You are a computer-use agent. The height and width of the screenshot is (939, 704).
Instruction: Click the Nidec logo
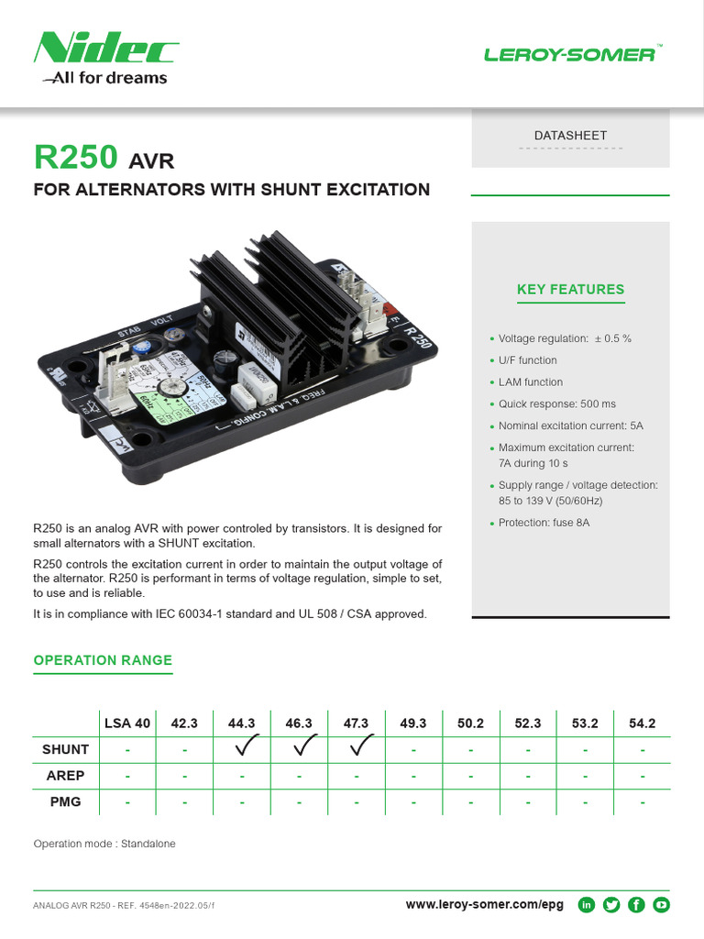(x=105, y=50)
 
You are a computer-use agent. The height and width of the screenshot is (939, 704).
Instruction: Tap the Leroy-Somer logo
(x=570, y=54)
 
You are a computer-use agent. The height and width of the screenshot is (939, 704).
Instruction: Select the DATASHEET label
(x=570, y=136)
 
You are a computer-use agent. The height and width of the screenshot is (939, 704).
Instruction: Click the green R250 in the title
(x=76, y=158)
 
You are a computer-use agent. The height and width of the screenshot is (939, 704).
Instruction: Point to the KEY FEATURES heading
(x=570, y=290)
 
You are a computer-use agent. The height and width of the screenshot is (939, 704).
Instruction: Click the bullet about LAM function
(x=530, y=382)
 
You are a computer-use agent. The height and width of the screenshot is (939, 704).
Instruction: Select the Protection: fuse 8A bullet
(x=544, y=523)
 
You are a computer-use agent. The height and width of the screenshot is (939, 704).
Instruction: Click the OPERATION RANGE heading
(x=103, y=660)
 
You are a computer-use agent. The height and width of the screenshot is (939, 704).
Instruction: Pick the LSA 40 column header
(x=127, y=723)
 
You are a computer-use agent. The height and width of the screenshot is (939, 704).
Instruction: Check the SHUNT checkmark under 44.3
(x=242, y=748)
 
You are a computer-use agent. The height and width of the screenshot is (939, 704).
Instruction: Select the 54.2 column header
(x=642, y=723)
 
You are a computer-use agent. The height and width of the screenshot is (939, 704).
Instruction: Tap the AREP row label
(x=65, y=776)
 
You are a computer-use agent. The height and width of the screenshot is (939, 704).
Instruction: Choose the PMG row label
(x=65, y=801)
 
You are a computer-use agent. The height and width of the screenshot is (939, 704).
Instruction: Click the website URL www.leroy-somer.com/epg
(x=484, y=905)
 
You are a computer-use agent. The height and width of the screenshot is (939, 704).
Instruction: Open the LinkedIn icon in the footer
(x=586, y=905)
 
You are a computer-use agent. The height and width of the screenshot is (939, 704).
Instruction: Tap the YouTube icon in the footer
(x=661, y=905)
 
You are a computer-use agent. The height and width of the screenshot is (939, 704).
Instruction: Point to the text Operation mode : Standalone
(x=104, y=844)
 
